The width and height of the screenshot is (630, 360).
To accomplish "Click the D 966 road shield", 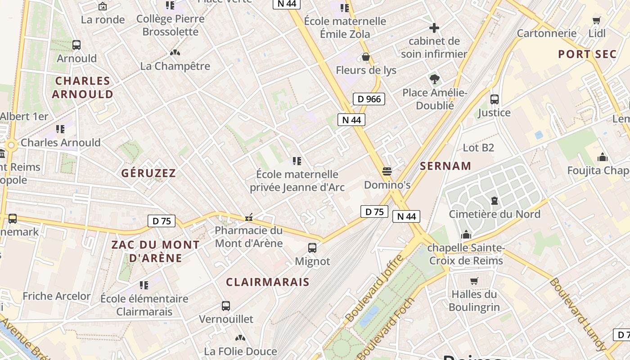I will [369, 99].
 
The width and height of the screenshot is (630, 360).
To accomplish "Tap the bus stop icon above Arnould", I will [76, 45].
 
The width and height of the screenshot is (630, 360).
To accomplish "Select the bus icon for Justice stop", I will [495, 99].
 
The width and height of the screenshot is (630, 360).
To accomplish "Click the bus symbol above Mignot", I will [312, 247].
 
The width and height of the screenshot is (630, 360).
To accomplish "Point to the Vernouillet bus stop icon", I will [226, 306].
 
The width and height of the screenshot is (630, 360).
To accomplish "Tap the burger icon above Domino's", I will [387, 171].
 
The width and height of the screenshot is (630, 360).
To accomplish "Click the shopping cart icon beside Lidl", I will [597, 20].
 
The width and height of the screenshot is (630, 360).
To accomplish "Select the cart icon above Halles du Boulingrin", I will [474, 281].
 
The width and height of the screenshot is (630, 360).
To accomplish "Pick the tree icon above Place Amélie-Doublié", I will [434, 80].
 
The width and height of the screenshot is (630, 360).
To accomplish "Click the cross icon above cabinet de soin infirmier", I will [434, 28].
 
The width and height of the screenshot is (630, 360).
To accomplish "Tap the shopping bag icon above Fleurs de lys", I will [366, 57].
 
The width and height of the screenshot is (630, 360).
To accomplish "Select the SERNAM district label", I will [445, 166].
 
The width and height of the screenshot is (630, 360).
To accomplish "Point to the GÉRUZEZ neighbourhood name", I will [148, 173].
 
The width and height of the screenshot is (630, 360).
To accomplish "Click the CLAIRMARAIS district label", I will [268, 282].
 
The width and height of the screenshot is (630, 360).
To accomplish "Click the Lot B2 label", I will [478, 148].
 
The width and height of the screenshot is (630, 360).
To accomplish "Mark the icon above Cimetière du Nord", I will [495, 201].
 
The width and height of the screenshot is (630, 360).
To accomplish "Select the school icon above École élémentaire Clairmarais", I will [144, 285].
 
